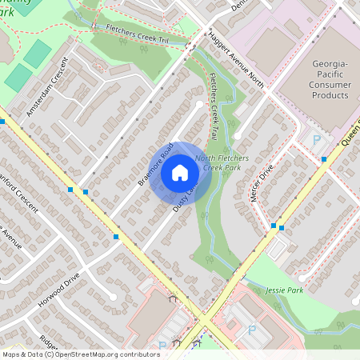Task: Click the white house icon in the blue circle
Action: pyautogui.click(x=180, y=172)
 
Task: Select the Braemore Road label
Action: pyautogui.click(x=155, y=164)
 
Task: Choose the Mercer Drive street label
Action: pyautogui.click(x=262, y=183)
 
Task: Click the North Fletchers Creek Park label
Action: pyautogui.click(x=227, y=163)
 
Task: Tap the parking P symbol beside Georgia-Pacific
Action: pyautogui.click(x=316, y=139)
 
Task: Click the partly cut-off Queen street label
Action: pyautogui.click(x=350, y=132)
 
